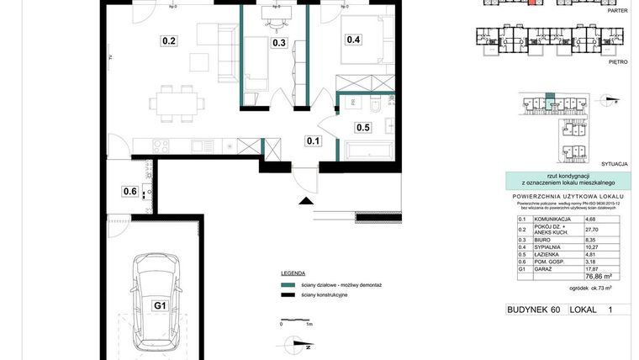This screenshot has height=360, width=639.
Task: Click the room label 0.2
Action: point(168,40)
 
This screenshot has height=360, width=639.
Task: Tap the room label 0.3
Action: point(278,43)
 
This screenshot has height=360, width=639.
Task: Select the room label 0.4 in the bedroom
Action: point(352,40)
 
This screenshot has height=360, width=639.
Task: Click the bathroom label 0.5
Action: point(363,128)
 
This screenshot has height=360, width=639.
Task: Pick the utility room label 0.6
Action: point(129,191)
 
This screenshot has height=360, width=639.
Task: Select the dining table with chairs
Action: point(177,103)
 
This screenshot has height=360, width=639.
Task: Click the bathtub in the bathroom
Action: point(368,151)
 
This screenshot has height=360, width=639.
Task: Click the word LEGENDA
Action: point(296,274)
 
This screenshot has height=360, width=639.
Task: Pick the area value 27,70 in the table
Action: point(593,229)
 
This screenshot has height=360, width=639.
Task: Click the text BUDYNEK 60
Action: point(533,310)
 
